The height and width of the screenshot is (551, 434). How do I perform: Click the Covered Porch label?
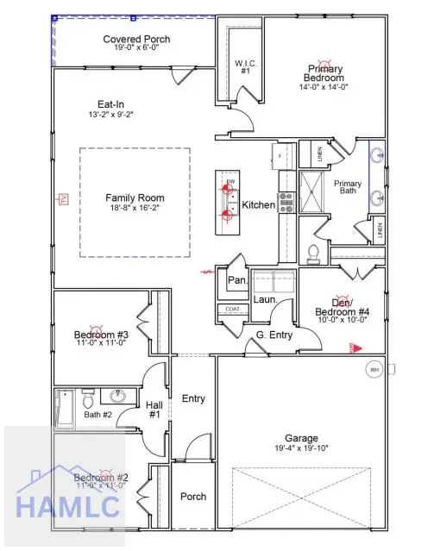coord(136,40)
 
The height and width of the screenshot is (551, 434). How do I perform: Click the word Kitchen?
coord(258,205)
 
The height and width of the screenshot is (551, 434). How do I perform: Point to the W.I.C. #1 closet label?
coord(243,66)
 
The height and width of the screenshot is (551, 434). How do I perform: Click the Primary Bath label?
coord(348,189)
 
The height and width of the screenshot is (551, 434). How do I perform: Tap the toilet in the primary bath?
coord(314,254)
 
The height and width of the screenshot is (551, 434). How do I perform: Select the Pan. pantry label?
coord(237,280)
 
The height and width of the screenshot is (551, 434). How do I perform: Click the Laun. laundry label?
coord(264,300)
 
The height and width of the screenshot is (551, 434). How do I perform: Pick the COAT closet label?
coord(231,308)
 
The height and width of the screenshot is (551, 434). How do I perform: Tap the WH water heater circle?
coord(374,370)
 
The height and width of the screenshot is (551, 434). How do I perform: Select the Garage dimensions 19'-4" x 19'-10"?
coord(301,448)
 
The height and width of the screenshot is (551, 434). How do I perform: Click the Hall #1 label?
coord(155,410)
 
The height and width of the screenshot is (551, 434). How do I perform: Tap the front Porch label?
coord(192,497)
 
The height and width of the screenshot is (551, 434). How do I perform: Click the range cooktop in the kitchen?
coord(286,201)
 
